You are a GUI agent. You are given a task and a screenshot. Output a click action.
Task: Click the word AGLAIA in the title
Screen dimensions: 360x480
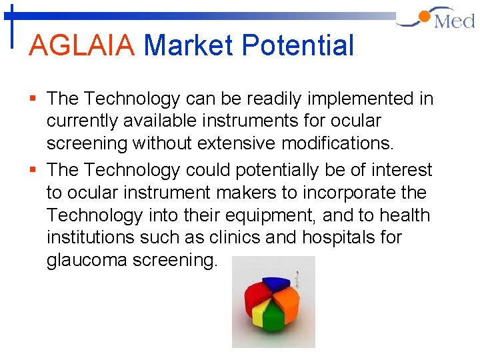coord(83,45)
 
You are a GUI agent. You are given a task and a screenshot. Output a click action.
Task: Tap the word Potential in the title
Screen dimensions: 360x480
coord(297,45)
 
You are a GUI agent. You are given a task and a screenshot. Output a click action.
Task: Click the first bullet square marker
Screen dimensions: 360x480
coord(34,99)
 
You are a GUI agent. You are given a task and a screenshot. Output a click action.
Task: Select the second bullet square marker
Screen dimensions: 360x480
coord(34,170)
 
